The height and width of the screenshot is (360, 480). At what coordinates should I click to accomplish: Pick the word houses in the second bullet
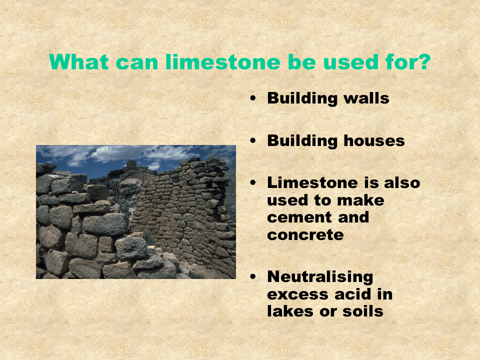[x=374, y=140]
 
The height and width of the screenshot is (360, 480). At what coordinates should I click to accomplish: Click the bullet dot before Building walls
[x=253, y=98]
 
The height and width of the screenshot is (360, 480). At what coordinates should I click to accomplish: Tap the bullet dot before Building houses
[x=253, y=141]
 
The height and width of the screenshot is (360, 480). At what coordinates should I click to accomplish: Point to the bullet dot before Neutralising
[x=253, y=277]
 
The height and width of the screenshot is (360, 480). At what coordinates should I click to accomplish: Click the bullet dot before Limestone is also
[x=253, y=183]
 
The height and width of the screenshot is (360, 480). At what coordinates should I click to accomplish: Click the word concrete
[x=305, y=234]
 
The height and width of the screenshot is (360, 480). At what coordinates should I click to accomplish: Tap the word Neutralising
[x=320, y=276]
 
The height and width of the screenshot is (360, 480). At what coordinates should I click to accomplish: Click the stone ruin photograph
[x=135, y=211]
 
